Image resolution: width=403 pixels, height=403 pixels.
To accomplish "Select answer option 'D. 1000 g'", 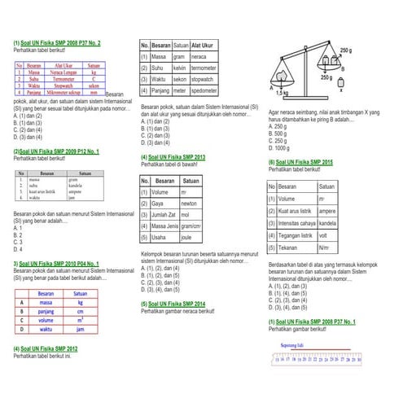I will tap(278, 147).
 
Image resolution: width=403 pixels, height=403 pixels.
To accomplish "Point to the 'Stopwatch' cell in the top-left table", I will tap(64, 85).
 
